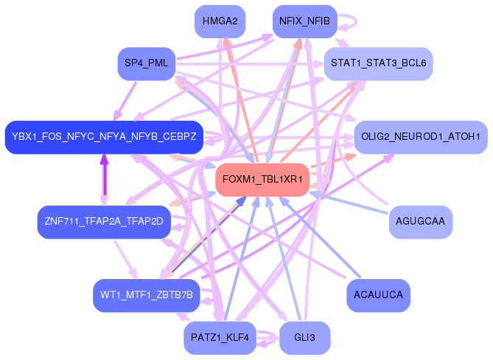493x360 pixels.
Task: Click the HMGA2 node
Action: coord(220,21)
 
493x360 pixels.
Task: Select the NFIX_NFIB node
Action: coord(304,21)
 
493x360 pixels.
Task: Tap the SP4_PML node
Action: coord(145,63)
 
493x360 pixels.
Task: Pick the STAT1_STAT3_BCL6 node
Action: coord(378,63)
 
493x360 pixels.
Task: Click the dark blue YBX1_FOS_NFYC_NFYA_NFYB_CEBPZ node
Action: coord(104,137)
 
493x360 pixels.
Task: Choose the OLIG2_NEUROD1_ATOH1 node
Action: coord(421,137)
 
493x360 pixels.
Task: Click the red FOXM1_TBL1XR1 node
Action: coord(262,180)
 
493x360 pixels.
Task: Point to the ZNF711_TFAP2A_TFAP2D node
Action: coord(104,222)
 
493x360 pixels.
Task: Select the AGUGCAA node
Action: coord(420,222)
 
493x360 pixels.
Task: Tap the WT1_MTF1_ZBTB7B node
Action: coord(146,295)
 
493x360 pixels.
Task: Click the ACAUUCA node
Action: coord(378,295)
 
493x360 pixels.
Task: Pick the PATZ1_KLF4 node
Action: coord(220,338)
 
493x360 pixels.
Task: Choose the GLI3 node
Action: coord(304,338)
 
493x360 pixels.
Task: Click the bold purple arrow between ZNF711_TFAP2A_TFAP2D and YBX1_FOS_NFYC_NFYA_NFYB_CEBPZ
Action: coord(104,180)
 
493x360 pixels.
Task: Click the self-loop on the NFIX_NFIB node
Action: coord(349,21)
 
